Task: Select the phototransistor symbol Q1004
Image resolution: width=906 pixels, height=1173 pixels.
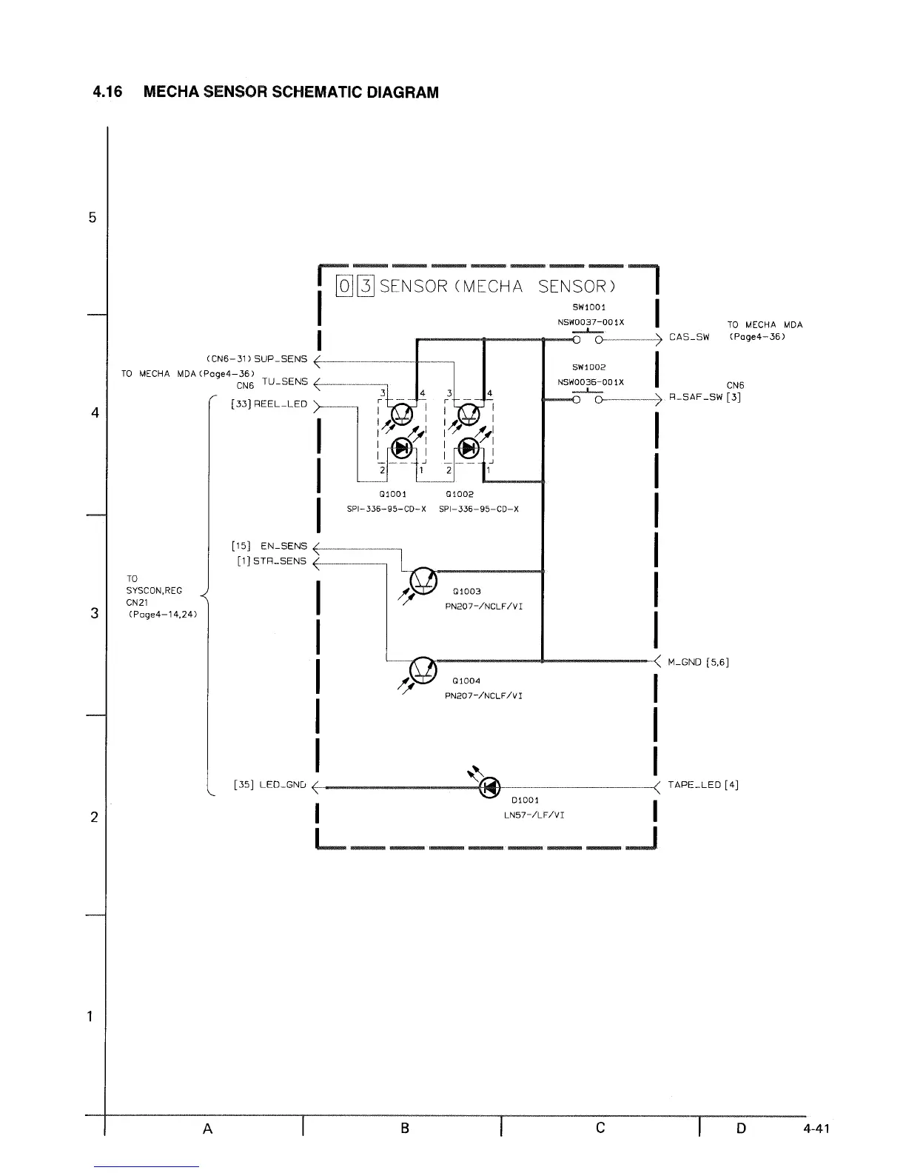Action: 423,667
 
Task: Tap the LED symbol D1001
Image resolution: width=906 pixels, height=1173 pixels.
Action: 489,788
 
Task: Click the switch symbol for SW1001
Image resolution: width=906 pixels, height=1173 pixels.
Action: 586,340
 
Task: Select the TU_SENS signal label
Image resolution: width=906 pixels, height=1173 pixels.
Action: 284,382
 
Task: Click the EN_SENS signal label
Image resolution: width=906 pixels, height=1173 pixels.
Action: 283,547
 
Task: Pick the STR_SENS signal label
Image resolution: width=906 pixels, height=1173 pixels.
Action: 280,561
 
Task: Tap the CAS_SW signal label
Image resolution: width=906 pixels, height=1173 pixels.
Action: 689,337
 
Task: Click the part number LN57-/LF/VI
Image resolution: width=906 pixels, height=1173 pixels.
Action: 530,815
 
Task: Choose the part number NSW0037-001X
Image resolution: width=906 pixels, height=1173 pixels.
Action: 591,322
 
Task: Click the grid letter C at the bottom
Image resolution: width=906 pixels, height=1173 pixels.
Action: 600,1128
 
